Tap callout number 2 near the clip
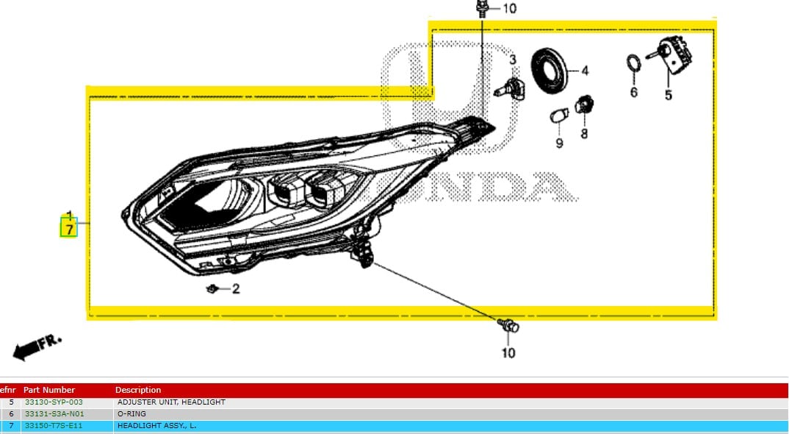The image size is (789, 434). click(236, 289)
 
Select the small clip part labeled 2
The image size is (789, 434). click(213, 288)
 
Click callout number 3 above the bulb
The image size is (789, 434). click(513, 59)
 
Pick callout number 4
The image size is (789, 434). click(585, 71)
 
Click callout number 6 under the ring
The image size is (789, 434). click(634, 93)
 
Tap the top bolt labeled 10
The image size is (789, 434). click(483, 10)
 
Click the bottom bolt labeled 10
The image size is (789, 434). click(508, 325)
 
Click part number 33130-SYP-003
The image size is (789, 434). click(54, 402)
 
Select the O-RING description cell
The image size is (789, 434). click(132, 414)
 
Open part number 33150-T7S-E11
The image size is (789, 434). click(54, 426)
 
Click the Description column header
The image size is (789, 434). click(138, 390)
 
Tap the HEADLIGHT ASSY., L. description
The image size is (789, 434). click(156, 426)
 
